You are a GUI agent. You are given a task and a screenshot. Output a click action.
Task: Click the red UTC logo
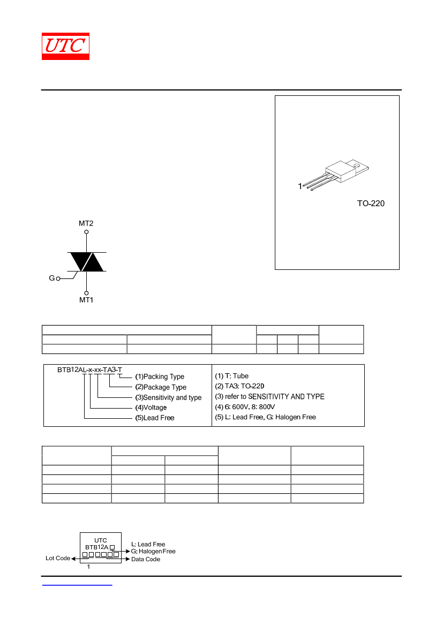65,46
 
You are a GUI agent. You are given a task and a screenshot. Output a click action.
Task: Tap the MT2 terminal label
86,224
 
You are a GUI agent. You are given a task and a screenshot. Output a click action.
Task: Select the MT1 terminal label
86,300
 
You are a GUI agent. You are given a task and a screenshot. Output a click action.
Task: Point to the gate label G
51,278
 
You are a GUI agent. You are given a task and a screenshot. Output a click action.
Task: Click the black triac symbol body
87,262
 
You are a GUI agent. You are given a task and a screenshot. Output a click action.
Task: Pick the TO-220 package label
371,203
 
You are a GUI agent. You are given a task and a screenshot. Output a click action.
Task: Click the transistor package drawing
335,175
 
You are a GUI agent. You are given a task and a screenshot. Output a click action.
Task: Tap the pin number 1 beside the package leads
299,186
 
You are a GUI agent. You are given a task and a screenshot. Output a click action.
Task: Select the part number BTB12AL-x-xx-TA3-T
89,369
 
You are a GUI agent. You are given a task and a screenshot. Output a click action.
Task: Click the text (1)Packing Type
160,376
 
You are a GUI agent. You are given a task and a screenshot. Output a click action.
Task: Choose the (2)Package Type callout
161,387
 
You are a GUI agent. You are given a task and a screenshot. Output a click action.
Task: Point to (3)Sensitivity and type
168,397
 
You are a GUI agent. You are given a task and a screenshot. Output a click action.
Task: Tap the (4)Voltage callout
151,408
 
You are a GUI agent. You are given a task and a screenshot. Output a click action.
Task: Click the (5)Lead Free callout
155,418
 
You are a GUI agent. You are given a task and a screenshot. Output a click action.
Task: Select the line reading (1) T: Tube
232,376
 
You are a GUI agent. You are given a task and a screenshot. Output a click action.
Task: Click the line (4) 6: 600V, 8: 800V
245,407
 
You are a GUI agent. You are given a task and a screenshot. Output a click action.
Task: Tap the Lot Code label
58,558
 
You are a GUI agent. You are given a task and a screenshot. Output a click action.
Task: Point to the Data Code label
146,559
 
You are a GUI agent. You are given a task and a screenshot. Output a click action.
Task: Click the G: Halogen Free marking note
153,552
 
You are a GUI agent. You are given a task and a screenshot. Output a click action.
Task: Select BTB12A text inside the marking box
96,547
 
